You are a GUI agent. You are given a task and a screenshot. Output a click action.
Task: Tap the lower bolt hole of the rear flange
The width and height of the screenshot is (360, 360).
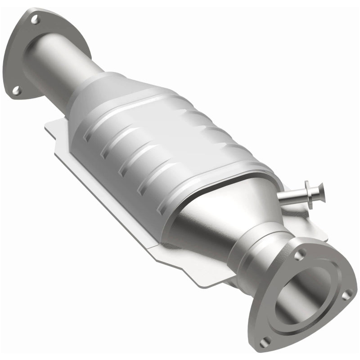tap(17, 91)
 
